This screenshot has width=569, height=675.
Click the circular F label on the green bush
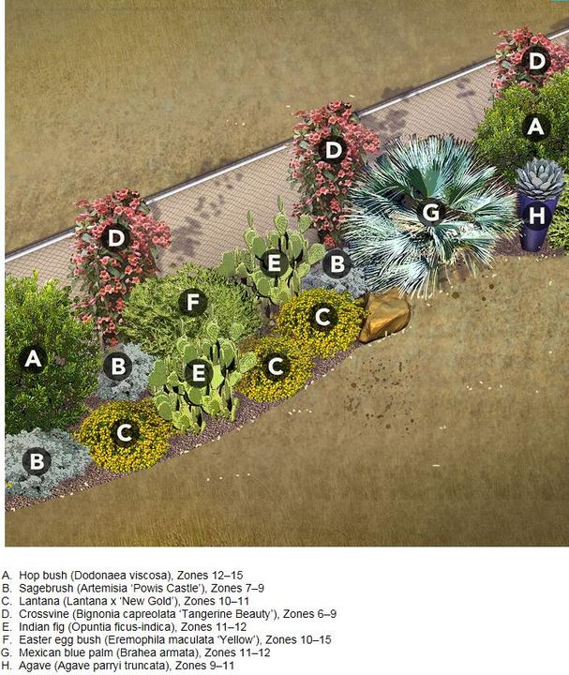(192, 302)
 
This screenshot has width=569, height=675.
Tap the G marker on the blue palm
(431, 212)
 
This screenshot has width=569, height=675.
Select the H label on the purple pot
(537, 215)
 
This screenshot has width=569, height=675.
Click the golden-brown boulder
(384, 316)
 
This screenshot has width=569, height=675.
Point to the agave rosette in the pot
(540, 178)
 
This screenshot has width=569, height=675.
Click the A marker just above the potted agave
(535, 127)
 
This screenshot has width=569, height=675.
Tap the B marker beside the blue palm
(337, 263)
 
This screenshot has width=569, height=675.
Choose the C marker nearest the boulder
(322, 317)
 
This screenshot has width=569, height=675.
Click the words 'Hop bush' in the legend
(43, 576)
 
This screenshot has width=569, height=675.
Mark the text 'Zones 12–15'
(210, 575)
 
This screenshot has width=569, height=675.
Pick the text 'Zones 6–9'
(310, 614)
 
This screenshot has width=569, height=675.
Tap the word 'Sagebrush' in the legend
(40, 589)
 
